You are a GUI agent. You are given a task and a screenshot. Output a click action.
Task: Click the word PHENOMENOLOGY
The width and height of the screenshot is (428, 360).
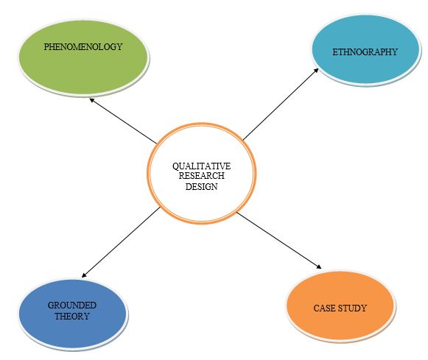coord(83,47)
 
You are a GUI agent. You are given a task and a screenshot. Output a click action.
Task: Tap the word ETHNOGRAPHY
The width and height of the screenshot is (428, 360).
coord(365,52)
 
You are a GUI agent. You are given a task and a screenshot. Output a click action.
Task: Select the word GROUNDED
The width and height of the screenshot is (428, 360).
coord(72,306)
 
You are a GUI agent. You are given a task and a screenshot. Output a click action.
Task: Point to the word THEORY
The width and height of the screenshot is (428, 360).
coord(72,316)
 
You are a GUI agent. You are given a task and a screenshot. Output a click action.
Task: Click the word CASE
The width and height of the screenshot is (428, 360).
coord(325,308)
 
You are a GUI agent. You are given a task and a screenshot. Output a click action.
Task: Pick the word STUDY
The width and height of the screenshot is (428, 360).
coord(352,308)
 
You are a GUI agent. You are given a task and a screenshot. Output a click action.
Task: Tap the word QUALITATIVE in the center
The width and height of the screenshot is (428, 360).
coord(201,166)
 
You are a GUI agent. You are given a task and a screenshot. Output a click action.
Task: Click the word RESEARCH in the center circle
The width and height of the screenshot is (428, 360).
coord(201,176)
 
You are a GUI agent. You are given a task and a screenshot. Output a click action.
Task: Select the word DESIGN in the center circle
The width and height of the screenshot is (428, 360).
coord(201,186)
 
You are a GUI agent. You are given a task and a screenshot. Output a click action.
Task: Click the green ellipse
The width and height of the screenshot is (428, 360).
coord(83,58)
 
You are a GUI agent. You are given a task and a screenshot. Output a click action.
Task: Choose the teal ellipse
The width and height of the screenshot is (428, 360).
coord(366,51)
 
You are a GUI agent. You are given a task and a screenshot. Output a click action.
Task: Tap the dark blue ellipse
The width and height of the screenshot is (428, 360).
coord(73,314)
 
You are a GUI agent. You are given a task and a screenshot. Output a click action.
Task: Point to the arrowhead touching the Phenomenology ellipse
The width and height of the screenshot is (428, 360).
coord(92,100)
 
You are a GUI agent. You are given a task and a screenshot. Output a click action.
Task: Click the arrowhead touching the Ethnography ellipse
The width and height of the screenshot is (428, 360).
coord(316,71)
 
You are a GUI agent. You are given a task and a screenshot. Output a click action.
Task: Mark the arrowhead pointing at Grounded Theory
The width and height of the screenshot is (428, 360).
coord(84,275)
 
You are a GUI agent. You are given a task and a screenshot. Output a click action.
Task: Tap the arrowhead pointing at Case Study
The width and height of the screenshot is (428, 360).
coord(319,267)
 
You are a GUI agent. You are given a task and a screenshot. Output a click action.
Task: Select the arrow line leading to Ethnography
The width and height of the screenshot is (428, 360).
coord(281,104)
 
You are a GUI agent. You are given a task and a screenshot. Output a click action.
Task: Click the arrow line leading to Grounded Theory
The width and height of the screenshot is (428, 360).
coord(121,242)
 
